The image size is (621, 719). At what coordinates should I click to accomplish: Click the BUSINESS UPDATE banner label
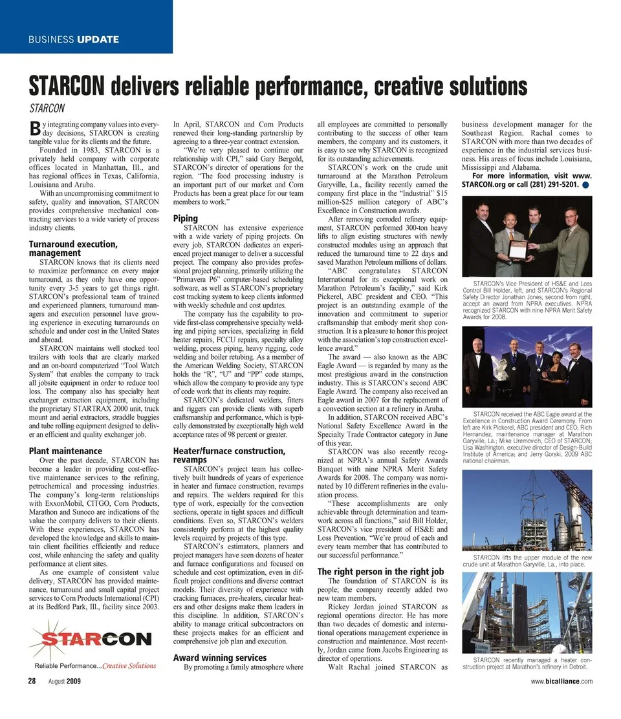click(73, 39)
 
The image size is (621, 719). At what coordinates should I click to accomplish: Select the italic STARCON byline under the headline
click(47, 108)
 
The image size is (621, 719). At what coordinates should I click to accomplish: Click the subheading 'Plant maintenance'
click(65, 450)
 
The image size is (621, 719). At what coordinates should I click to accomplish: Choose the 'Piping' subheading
click(186, 218)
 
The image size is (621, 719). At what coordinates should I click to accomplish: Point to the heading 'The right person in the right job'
click(380, 571)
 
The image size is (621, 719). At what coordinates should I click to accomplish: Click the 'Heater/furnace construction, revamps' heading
click(229, 455)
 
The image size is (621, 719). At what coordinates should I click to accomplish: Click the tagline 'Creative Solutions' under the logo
click(129, 665)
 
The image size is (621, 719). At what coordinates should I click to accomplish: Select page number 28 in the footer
click(31, 681)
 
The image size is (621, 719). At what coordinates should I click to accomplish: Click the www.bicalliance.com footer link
click(561, 681)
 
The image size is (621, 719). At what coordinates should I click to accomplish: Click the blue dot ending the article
click(585, 185)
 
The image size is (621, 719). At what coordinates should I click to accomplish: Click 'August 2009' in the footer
click(64, 681)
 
